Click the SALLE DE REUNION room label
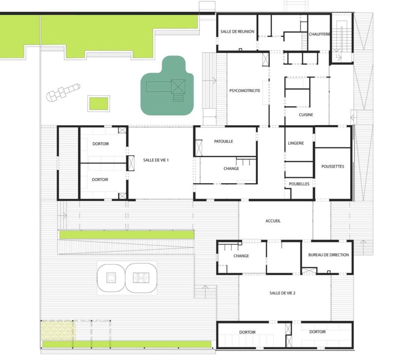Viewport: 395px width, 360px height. [237, 32]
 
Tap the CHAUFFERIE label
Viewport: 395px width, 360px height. [319, 34]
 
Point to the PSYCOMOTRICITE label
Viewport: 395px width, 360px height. [244, 91]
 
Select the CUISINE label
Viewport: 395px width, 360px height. [306, 115]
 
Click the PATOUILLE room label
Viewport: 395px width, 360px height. [224, 141]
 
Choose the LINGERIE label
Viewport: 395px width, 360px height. [296, 143]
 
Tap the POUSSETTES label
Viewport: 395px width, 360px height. [332, 166]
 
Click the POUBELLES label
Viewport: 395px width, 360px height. [299, 184]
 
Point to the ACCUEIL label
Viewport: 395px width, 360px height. [273, 221]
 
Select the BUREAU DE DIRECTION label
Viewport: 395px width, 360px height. [328, 255]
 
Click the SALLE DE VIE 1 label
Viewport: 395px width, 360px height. [156, 160]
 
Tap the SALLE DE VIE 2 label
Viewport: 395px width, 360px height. [282, 293]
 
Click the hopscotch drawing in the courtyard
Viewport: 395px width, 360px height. [63, 92]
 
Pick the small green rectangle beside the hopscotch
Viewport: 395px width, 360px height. [99, 103]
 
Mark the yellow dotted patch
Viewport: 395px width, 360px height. [58, 330]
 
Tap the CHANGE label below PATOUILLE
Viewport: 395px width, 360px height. [231, 168]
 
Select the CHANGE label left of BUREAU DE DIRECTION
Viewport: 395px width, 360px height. [241, 256]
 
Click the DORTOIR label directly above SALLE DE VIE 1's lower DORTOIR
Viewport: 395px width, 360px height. [101, 144]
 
